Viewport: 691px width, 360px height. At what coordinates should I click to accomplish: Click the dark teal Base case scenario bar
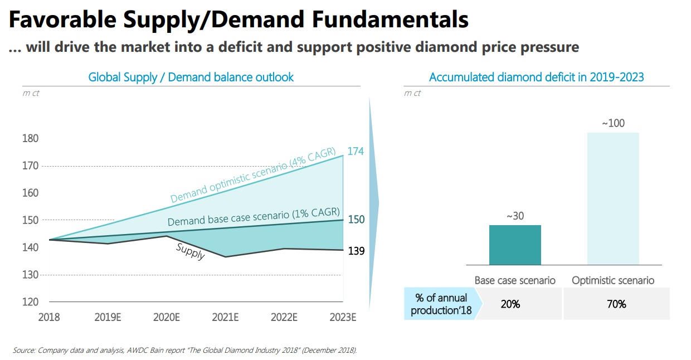coord(515,245)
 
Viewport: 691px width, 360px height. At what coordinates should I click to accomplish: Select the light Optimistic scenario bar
coord(613,198)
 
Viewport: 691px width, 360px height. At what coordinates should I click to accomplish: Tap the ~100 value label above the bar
coord(613,123)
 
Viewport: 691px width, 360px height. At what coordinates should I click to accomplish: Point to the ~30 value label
coord(515,216)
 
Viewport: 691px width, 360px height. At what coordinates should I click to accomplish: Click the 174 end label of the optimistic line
coord(356,151)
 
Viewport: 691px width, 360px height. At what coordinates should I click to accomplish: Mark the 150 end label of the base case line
coord(356,220)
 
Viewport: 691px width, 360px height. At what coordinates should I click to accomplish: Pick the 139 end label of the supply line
coord(356,251)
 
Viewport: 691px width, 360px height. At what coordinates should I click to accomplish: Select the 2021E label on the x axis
coord(225,318)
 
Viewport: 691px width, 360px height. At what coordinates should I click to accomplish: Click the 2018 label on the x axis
coord(49,318)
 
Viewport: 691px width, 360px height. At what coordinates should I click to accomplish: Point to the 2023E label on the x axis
coord(343,318)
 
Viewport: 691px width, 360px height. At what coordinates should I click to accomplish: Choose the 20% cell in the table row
coord(510,304)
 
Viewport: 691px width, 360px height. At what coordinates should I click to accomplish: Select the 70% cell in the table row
coord(617,304)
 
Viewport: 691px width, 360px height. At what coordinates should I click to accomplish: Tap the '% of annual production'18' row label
coord(441,304)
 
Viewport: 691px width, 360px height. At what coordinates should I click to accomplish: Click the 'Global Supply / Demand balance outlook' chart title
coord(191,77)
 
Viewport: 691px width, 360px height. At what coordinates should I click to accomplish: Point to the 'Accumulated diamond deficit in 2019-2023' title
coord(536,77)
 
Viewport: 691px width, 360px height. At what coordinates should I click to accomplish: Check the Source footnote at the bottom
coord(184,351)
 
